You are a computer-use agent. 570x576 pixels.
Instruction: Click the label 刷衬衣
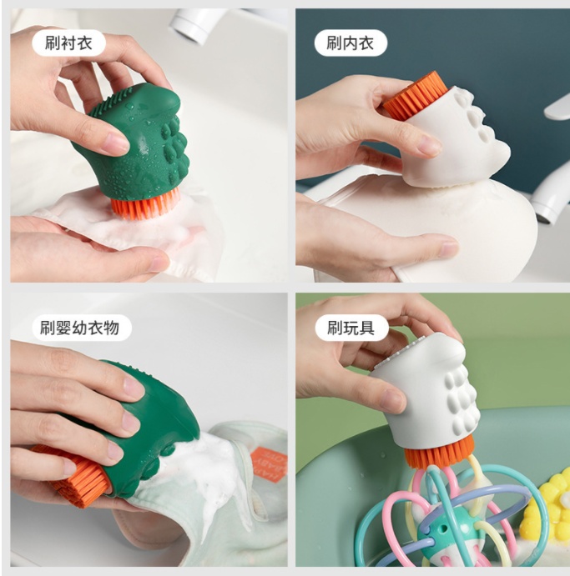coord(68,43)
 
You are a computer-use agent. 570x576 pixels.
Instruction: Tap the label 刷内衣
coord(350,43)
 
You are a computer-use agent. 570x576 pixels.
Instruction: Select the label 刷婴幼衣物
coord(79,328)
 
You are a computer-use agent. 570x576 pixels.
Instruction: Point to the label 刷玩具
coord(351,328)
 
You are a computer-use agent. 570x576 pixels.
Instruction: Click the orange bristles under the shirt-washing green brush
coord(145,207)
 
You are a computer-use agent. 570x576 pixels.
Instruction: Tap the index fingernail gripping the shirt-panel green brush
coord(117,143)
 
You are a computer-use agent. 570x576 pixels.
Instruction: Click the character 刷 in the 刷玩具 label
coord(335,328)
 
